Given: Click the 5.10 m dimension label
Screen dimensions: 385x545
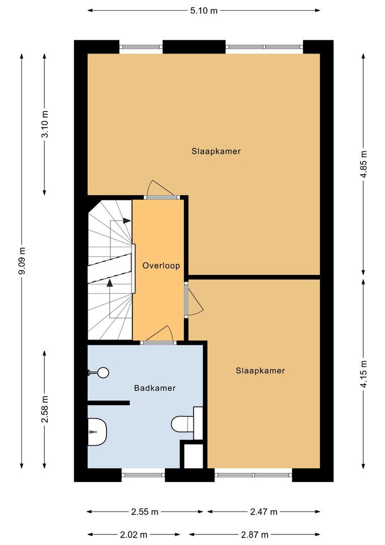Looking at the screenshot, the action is point(204,11).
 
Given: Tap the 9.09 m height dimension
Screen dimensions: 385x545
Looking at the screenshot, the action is point(22,261).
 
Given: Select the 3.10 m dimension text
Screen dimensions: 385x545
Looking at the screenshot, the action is point(45,124).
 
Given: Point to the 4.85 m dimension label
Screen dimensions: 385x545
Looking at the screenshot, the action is point(363,164).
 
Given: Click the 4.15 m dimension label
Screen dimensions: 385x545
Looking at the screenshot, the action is point(363,373).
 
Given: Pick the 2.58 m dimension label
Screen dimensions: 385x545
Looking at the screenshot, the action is point(45,409).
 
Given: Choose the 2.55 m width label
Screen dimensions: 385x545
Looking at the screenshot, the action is point(145,512).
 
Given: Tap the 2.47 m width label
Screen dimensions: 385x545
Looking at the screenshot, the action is point(264,512).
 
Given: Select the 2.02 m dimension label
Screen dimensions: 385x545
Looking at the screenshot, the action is point(134,534).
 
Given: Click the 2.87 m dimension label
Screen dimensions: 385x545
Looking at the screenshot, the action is point(254,534).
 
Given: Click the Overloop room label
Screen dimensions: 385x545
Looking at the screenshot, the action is point(161,266).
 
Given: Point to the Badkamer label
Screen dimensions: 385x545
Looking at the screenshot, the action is point(155,388).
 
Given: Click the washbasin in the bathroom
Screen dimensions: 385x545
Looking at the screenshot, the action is point(97,431).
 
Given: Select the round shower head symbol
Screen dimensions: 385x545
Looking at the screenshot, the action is point(103,373).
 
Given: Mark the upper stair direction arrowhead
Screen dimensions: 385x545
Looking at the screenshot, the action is point(126,221).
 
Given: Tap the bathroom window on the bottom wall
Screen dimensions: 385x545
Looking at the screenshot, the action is point(143,475).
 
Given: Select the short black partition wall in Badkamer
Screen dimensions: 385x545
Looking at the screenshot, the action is point(108,403).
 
